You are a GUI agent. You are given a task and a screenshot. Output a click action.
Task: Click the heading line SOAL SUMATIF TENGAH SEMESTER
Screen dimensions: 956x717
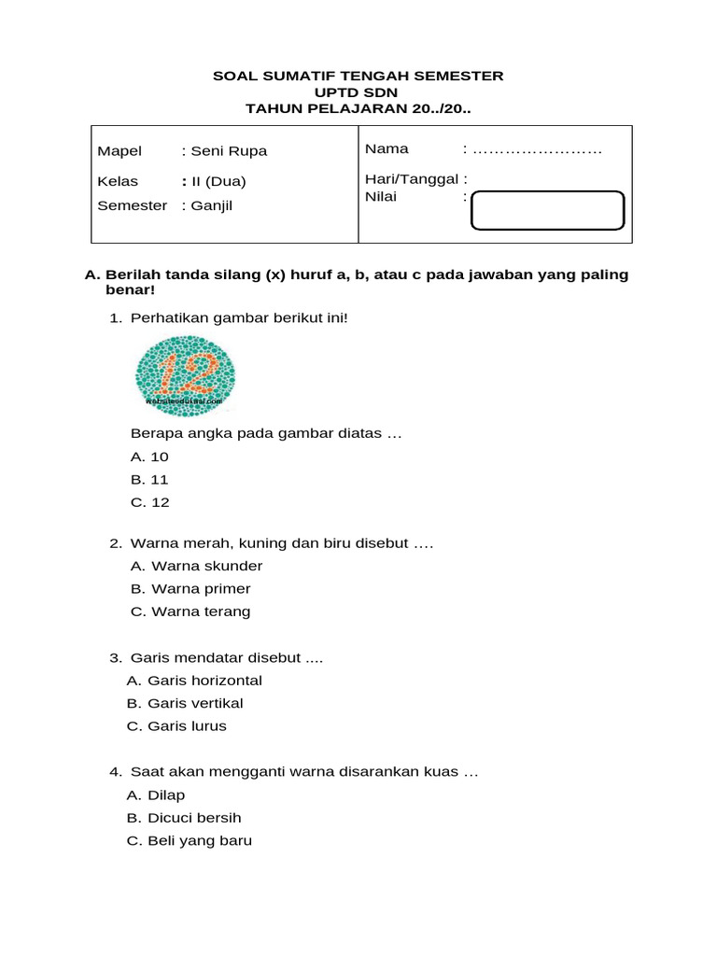(x=358, y=76)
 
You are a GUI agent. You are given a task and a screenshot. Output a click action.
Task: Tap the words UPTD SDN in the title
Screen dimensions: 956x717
(x=358, y=91)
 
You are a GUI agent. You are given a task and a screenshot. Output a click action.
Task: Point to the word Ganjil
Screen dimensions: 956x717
(x=212, y=205)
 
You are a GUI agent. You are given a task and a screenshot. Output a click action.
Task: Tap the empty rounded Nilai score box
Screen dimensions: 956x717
(x=547, y=210)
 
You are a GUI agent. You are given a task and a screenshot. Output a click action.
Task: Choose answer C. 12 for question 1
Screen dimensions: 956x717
(x=150, y=502)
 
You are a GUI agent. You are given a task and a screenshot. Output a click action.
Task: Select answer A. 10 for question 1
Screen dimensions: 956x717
(x=150, y=457)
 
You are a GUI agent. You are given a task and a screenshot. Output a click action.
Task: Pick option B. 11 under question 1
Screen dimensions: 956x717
(x=150, y=480)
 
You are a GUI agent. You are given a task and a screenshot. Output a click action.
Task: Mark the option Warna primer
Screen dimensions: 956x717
(x=190, y=589)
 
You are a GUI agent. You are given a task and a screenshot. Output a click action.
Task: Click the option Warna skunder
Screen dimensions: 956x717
(x=196, y=566)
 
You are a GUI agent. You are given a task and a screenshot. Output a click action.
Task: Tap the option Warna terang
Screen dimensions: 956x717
(x=190, y=612)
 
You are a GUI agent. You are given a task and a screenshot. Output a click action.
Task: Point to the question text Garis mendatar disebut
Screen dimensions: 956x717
(x=226, y=658)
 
